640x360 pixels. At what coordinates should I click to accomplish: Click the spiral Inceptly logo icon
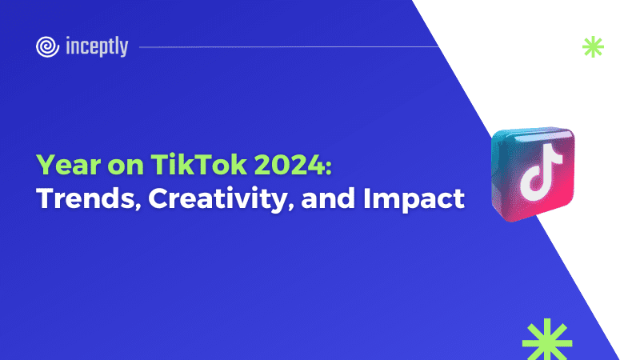click(47, 47)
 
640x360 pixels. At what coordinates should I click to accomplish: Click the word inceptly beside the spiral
click(97, 46)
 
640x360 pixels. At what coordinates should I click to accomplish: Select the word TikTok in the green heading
click(198, 165)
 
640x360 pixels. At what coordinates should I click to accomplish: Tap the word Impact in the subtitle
click(414, 199)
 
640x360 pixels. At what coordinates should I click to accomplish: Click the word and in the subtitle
click(328, 198)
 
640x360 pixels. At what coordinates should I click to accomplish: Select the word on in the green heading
click(126, 166)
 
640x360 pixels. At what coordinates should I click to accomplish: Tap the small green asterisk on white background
click(593, 47)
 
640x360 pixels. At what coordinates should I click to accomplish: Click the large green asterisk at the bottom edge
click(547, 339)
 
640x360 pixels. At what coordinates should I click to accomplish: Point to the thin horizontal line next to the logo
click(289, 47)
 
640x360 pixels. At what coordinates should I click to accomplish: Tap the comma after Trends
click(138, 207)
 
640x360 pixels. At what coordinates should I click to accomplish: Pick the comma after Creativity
click(290, 207)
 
